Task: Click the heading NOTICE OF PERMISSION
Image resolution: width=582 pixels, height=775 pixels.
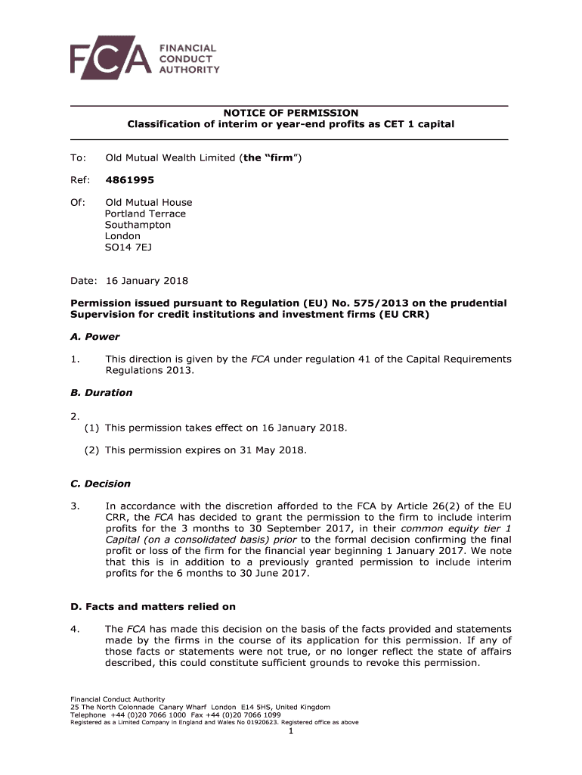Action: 290,113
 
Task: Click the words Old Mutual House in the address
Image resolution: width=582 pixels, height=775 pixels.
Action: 148,202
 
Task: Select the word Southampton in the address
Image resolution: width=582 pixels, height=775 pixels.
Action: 138,225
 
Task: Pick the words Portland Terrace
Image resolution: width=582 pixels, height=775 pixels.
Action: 145,213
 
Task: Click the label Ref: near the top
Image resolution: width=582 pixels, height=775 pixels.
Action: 80,180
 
